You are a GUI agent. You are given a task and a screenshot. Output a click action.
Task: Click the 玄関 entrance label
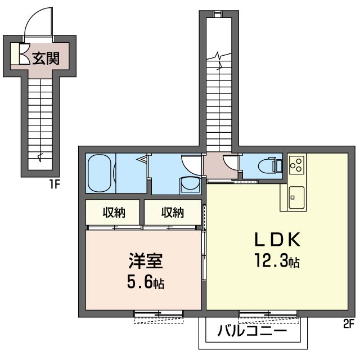tap(46, 58)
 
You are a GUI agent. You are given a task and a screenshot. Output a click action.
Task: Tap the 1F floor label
tap(55, 184)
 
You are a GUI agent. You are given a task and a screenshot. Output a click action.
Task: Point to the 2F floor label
tap(349, 323)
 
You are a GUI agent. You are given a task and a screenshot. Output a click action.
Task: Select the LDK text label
tap(277, 240)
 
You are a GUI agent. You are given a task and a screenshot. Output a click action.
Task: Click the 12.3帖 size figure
tap(277, 261)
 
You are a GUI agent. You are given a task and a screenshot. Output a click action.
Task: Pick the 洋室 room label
tap(146, 261)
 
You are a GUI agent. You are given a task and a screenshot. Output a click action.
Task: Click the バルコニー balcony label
tap(252, 331)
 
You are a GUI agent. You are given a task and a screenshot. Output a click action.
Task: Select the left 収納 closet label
tap(114, 213)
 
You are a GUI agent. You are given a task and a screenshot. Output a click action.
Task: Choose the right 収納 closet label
tap(173, 213)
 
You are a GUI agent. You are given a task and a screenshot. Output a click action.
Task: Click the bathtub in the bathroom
tap(101, 173)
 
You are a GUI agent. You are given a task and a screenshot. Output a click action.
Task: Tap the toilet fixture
tap(270, 165)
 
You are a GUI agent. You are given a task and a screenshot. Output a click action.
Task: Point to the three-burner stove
tap(296, 165)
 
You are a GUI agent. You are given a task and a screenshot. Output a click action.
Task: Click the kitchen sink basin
tap(296, 197)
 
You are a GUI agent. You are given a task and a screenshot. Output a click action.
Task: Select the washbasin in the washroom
tap(190, 184)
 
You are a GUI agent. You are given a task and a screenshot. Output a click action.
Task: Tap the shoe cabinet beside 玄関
tap(15, 54)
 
